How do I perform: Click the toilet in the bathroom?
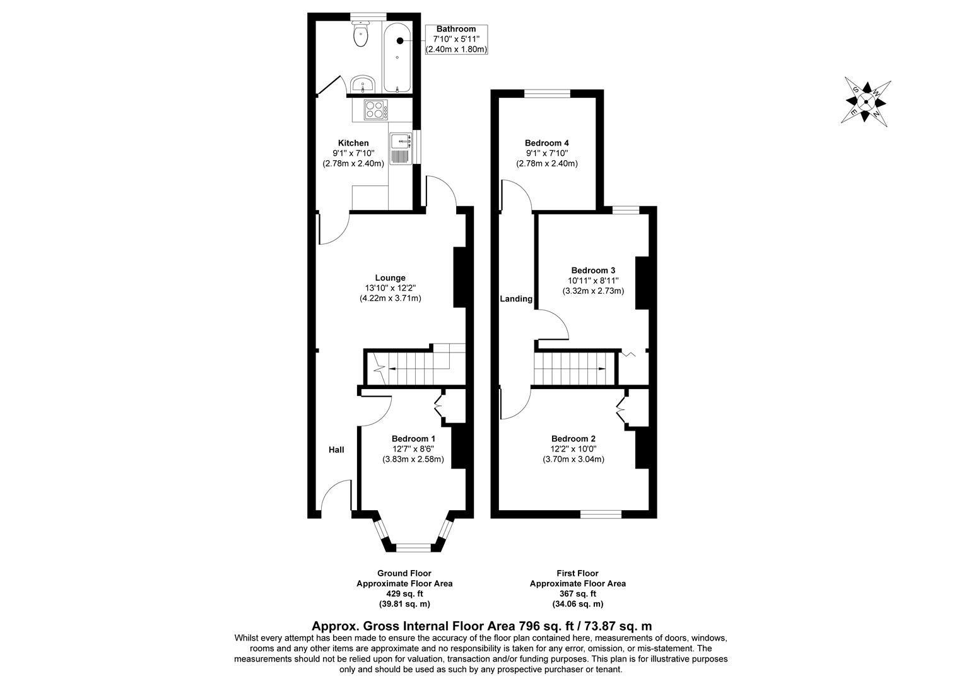click(x=361, y=35)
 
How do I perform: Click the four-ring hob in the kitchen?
click(x=375, y=110)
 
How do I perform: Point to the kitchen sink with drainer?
click(x=400, y=149)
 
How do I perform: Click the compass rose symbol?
click(x=867, y=101)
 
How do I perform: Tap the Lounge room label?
click(x=390, y=277)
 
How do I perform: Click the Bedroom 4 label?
click(x=546, y=143)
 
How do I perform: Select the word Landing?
click(x=516, y=299)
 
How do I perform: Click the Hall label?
click(x=336, y=450)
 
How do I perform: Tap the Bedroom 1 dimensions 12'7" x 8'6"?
click(x=413, y=449)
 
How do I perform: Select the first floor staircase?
click(x=574, y=368)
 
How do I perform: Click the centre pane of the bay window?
click(x=413, y=547)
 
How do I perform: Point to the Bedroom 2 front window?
click(x=601, y=514)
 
